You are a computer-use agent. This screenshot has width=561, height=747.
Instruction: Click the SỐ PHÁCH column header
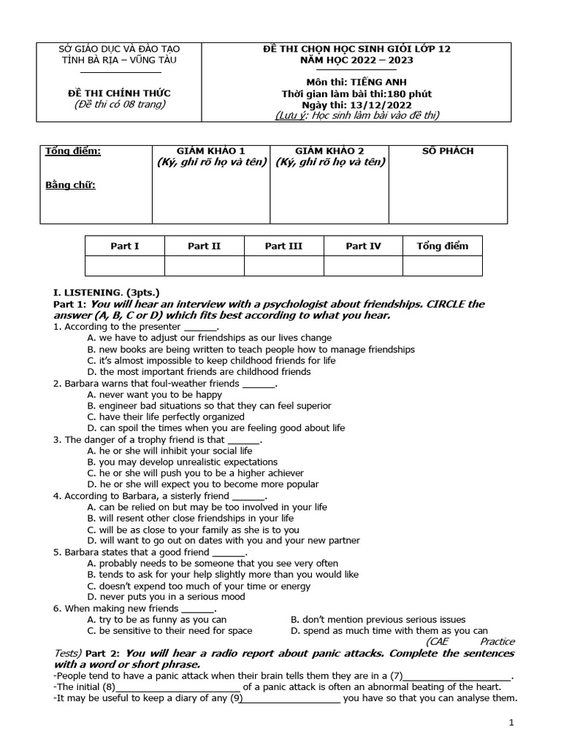point(447,151)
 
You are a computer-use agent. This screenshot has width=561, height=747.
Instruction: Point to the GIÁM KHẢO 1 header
point(211,151)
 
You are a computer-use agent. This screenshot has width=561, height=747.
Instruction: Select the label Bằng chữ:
point(70,185)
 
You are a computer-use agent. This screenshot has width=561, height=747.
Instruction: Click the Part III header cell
point(283,246)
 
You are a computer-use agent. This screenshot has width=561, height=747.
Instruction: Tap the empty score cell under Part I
point(125,266)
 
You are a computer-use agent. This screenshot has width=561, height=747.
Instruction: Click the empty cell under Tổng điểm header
point(442,266)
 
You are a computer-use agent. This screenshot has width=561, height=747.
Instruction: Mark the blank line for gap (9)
point(291,698)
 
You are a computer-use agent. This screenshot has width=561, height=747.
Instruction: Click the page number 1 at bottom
point(512,723)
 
